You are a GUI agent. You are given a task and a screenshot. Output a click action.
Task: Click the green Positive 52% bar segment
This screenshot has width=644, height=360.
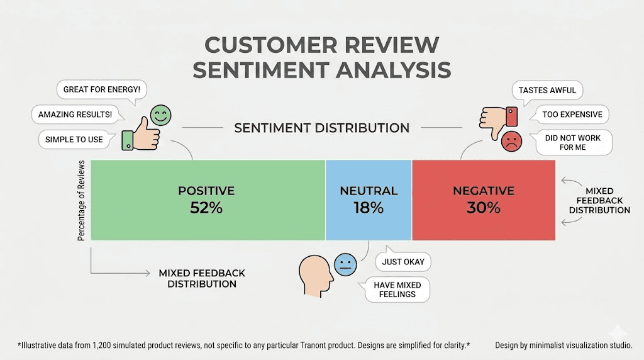(208, 200)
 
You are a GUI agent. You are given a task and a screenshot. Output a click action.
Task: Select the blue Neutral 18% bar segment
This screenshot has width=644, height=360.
(369, 200)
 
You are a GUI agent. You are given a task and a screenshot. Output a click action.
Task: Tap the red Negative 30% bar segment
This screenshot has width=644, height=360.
(483, 200)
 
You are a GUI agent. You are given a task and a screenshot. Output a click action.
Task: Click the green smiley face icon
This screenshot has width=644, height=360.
(160, 116)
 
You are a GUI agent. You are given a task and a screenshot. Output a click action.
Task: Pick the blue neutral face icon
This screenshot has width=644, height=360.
(345, 264)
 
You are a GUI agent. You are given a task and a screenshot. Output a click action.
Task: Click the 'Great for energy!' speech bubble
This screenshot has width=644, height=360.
(101, 90)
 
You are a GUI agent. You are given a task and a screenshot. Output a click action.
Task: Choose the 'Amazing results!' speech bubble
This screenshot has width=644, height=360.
(75, 115)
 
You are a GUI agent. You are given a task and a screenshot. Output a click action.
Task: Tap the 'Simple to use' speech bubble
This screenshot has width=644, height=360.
(74, 139)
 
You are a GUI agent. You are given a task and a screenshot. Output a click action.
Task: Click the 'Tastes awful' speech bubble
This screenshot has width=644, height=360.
(547, 90)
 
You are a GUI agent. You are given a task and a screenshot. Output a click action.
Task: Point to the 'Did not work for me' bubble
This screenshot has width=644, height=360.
(572, 143)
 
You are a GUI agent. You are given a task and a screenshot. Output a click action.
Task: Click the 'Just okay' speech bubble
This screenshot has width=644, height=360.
(403, 261)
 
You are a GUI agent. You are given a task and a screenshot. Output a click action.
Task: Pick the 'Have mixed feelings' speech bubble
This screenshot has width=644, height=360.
(397, 290)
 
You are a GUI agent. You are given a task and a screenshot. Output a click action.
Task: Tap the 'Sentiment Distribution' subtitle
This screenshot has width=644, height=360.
(321, 128)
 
